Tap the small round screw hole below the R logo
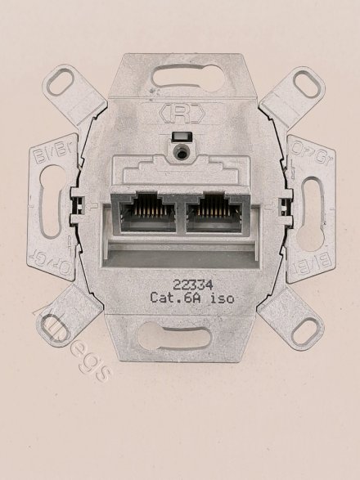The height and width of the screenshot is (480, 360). (180, 151)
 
